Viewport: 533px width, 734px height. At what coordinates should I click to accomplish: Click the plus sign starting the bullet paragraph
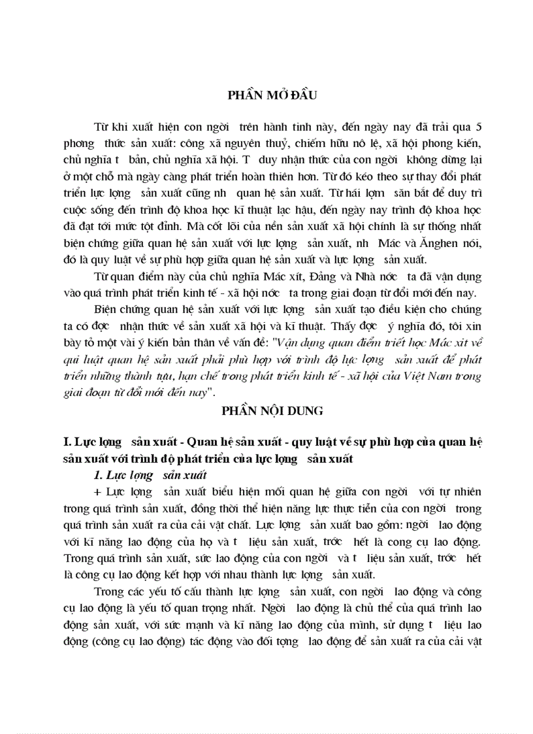click(99, 490)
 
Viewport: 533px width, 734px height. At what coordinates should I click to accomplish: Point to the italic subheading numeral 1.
click(99, 474)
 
